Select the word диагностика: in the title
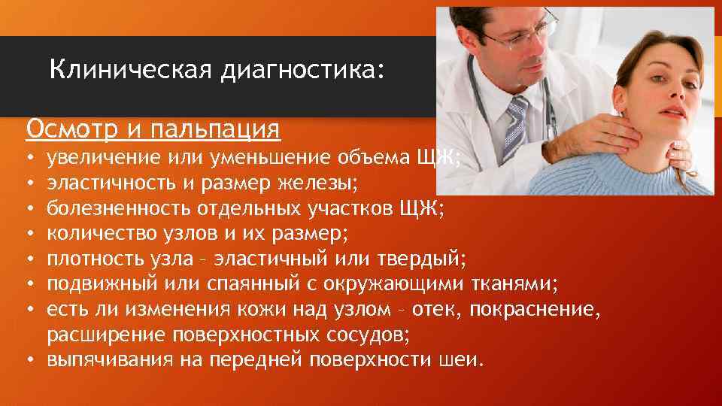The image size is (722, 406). tap(302, 71)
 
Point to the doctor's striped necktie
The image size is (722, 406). tap(516, 125)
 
